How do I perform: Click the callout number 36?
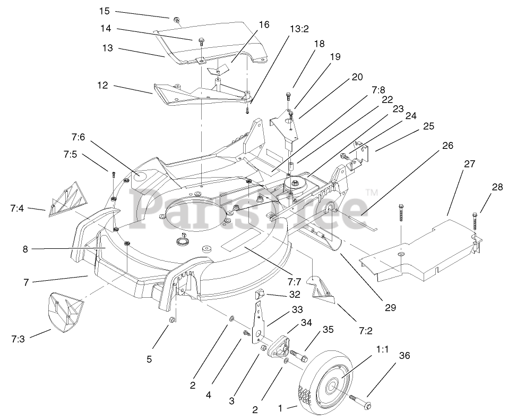[404, 356]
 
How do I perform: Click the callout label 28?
[497, 187]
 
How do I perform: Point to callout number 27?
[469, 164]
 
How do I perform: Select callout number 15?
[104, 11]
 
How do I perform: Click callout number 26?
[448, 145]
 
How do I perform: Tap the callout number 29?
[391, 307]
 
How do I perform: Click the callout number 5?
[149, 359]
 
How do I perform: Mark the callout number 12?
[103, 85]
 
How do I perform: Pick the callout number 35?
[328, 329]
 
